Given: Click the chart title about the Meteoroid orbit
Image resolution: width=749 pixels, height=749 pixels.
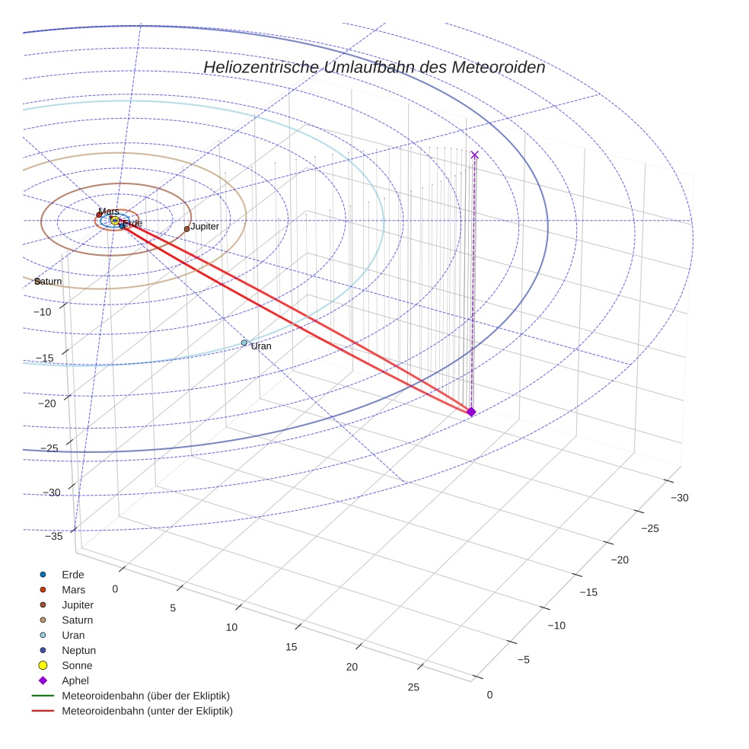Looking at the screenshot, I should (x=374, y=67).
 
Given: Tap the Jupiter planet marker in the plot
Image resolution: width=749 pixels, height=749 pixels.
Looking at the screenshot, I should (x=186, y=228).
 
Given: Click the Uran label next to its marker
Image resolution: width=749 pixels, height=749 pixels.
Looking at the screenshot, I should (x=261, y=346).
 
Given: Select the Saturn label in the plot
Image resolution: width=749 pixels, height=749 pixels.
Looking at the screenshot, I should (x=49, y=282).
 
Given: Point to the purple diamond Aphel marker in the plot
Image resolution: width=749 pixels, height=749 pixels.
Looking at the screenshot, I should (x=471, y=412).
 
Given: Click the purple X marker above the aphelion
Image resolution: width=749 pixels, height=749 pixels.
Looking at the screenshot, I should (x=475, y=155).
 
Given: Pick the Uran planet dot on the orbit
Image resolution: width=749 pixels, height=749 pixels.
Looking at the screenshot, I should (x=244, y=343).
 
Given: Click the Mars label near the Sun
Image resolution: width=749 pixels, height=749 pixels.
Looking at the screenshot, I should (x=109, y=212).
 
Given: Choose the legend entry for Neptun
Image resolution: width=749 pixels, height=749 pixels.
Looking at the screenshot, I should (x=78, y=650).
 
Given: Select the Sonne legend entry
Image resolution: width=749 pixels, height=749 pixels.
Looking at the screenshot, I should (x=77, y=665).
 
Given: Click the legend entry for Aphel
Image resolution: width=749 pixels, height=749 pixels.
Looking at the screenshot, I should (x=75, y=680).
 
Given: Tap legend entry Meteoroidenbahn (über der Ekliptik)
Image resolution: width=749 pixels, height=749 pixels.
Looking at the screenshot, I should (x=145, y=696).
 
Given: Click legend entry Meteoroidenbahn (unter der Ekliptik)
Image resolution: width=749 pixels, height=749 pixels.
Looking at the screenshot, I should (x=147, y=711).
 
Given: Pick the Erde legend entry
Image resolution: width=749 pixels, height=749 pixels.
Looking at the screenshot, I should (x=73, y=574).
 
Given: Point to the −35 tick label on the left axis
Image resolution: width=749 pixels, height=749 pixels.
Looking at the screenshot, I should (x=54, y=537).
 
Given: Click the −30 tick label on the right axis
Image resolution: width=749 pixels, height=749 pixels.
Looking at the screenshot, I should (x=679, y=498).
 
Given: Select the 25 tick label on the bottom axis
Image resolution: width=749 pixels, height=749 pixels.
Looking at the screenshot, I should (x=413, y=687).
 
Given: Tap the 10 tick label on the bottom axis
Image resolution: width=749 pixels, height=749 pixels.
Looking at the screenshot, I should (x=232, y=627).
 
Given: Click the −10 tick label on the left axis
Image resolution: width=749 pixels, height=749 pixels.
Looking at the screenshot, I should (x=42, y=312).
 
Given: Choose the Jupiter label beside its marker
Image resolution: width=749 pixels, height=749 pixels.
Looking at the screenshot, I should (x=205, y=226).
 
